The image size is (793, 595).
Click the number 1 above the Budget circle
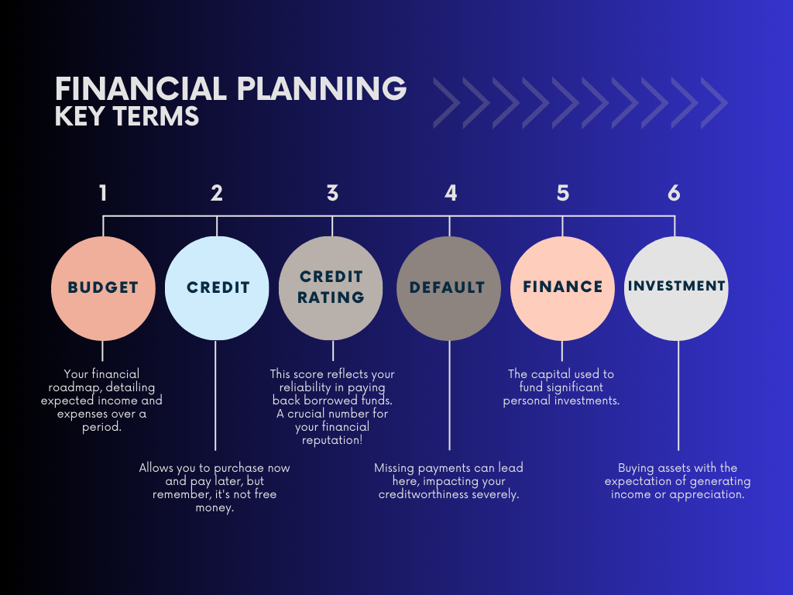point(103,193)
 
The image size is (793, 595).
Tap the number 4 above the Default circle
point(451,193)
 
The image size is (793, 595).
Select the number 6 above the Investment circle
point(674,193)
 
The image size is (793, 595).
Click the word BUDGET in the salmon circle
point(103,287)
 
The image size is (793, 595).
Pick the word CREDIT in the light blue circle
point(218,287)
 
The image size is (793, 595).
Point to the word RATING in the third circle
point(331,297)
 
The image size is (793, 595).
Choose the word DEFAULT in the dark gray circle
point(447,287)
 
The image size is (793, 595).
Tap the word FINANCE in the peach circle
point(563,287)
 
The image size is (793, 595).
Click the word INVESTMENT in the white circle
point(677,286)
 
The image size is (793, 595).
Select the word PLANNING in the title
point(321,89)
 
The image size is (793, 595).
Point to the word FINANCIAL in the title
point(141,89)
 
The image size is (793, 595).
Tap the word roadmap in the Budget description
point(74,388)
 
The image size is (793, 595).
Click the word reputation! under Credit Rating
point(332,440)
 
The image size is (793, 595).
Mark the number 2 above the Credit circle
point(217,193)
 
